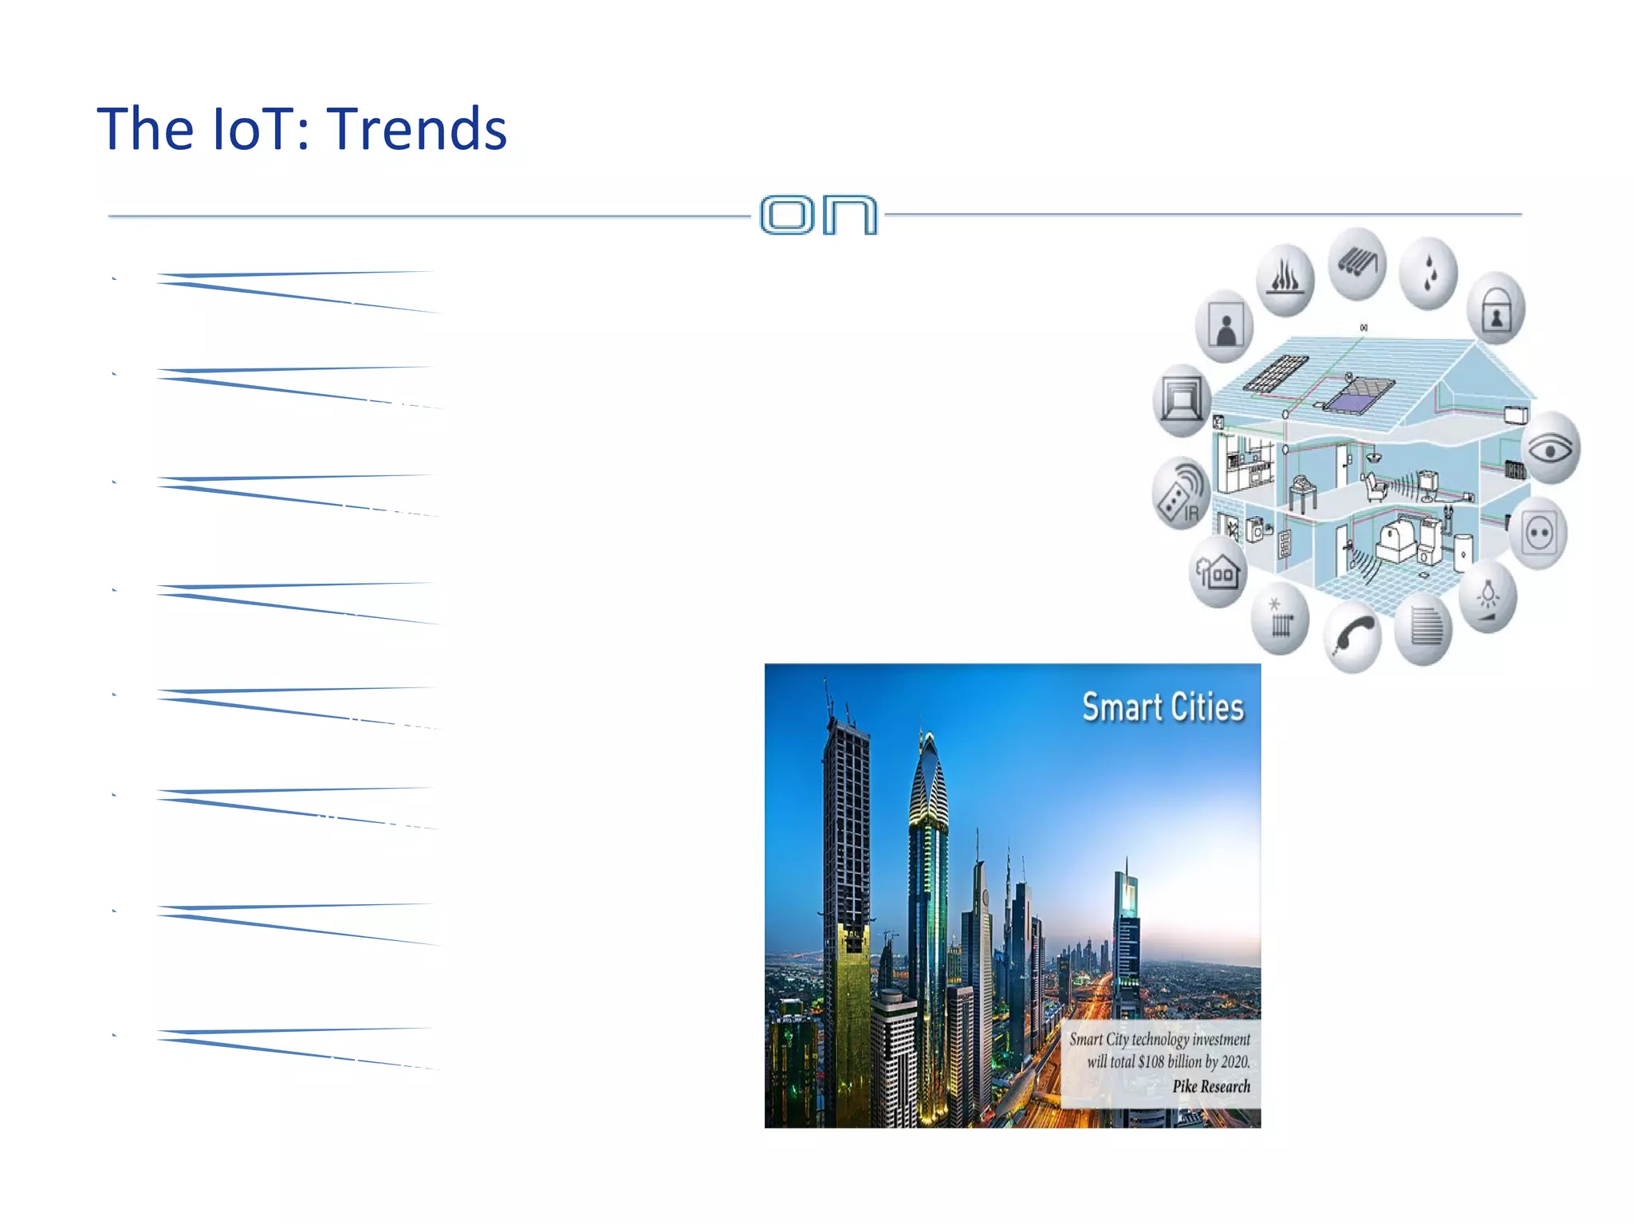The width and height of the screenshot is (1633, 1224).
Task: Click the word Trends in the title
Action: (417, 129)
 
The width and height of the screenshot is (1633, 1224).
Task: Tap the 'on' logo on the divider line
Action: (818, 214)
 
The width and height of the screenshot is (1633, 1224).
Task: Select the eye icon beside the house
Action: (1550, 449)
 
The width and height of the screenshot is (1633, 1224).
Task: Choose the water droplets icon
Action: (1429, 273)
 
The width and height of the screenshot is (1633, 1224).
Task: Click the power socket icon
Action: (1538, 533)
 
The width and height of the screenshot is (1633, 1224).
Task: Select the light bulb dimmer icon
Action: (1487, 597)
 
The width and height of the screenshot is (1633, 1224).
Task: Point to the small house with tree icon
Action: (1217, 572)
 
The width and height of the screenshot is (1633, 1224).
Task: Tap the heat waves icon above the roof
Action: (1285, 279)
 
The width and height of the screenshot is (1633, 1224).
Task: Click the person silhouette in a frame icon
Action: (1225, 327)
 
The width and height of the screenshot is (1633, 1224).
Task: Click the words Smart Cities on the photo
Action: (1163, 707)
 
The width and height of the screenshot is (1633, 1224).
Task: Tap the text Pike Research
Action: (1210, 1086)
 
